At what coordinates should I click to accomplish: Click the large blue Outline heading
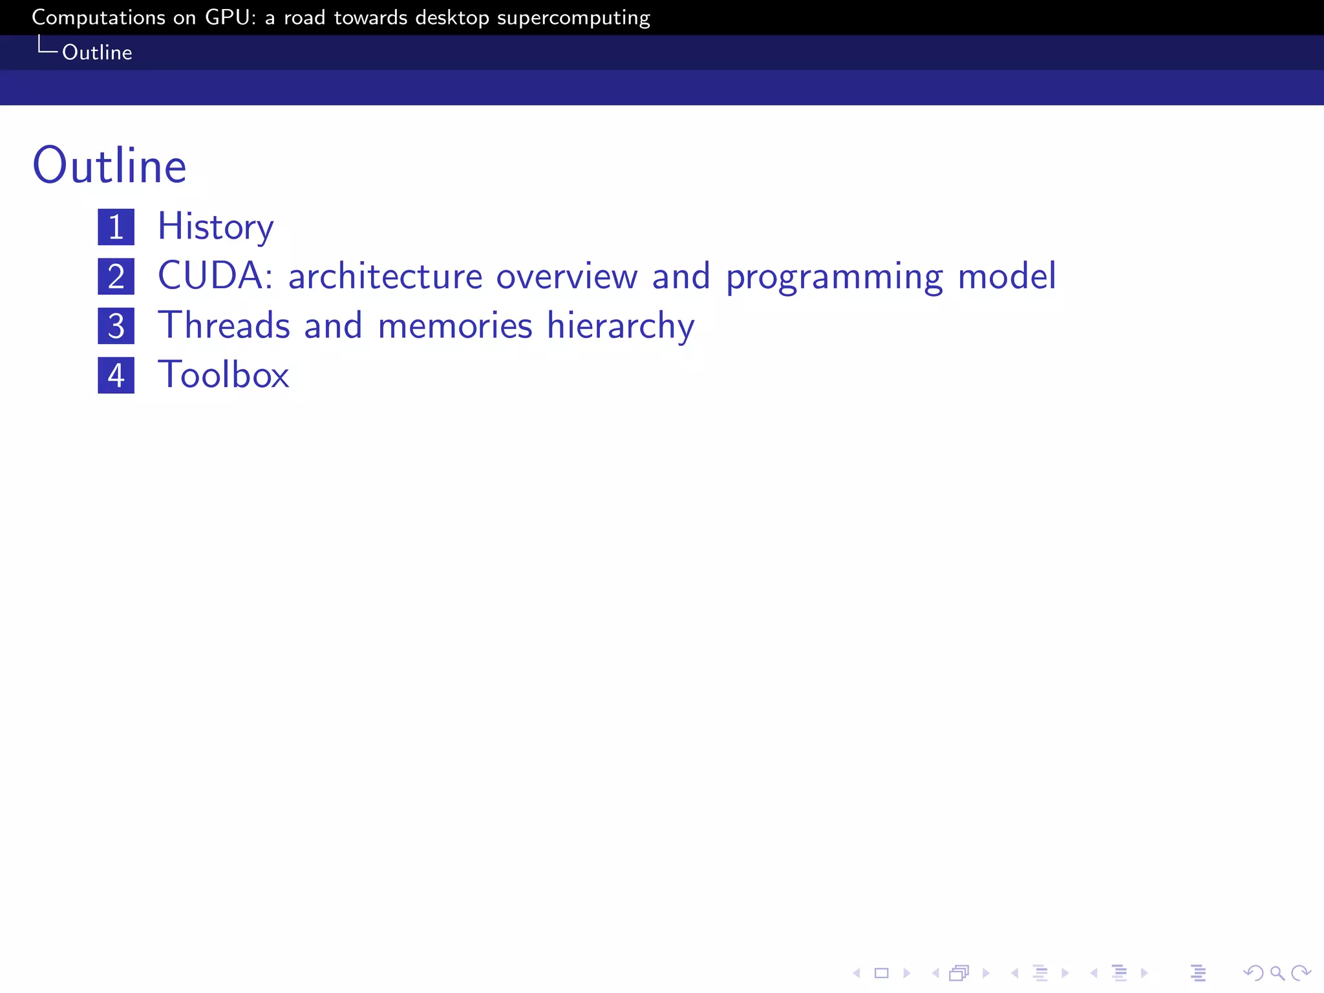point(109,166)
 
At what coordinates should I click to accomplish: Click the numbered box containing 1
point(116,227)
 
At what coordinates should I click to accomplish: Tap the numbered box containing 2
point(116,277)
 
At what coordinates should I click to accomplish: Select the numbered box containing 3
point(116,326)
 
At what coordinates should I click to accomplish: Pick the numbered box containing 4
point(116,376)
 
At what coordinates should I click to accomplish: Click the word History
point(215,227)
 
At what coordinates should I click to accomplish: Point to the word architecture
point(385,277)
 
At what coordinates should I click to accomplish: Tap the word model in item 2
point(1007,276)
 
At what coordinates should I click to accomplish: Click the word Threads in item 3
point(224,325)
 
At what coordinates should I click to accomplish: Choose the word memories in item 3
point(455,325)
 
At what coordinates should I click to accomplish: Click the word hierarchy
point(621,326)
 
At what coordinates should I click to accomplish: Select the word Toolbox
point(224,375)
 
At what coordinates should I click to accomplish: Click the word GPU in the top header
point(226,17)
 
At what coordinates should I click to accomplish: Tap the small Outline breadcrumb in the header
point(97,52)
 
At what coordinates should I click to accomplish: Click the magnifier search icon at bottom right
point(1277,973)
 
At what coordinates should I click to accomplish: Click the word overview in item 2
point(567,277)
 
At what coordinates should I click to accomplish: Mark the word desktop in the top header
point(452,18)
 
